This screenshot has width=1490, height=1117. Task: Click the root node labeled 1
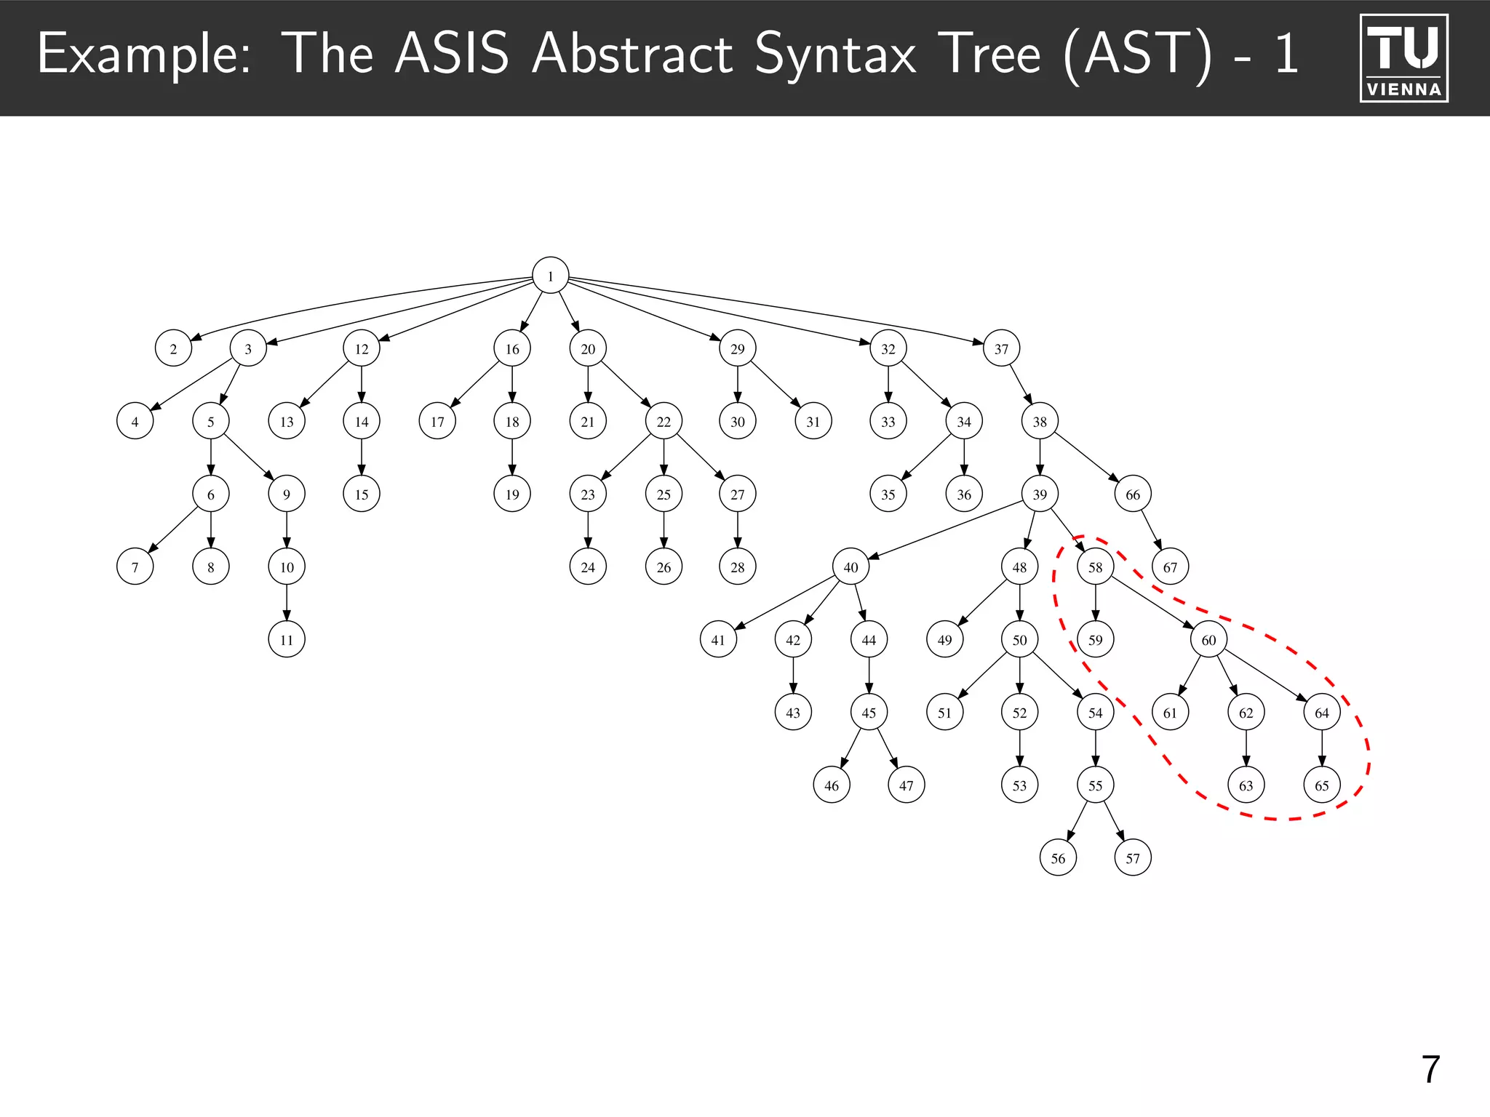click(550, 276)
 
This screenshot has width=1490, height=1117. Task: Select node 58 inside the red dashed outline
click(1095, 566)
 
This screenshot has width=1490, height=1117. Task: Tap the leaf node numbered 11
click(287, 639)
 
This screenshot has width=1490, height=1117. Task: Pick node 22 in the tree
click(664, 421)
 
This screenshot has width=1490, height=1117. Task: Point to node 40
click(850, 566)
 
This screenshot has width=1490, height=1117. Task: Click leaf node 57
click(1133, 857)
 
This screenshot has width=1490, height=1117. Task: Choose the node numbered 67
click(1170, 566)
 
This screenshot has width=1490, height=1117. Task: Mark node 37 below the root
click(1001, 348)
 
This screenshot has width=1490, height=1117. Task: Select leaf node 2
click(173, 348)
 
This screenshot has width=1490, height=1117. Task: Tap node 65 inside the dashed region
click(1321, 785)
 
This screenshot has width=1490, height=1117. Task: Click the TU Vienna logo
click(1403, 57)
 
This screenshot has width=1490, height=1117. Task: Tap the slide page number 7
click(1430, 1069)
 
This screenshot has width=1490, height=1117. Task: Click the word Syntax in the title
click(834, 55)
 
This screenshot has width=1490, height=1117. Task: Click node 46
click(832, 785)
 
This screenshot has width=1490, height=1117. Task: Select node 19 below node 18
click(512, 494)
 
